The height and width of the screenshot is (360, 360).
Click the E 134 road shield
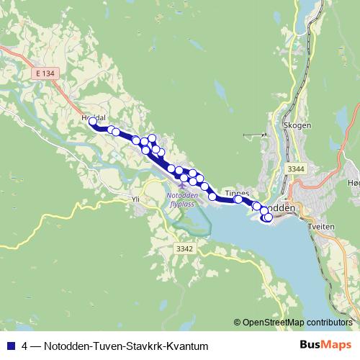tap(43, 73)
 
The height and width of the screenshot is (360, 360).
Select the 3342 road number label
tap(185, 248)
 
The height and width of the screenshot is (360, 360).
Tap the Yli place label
tap(138, 199)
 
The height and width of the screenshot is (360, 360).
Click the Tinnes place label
tap(237, 193)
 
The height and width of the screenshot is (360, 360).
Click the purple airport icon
tap(181, 186)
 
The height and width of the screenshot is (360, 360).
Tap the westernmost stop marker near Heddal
tap(92, 122)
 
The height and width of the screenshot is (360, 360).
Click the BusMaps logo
tap(325, 345)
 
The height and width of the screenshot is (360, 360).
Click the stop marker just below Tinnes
tap(238, 199)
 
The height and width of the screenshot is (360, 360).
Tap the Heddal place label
tap(94, 117)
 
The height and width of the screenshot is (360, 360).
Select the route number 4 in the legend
tap(26, 346)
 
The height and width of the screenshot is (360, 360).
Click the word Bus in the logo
tap(311, 345)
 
